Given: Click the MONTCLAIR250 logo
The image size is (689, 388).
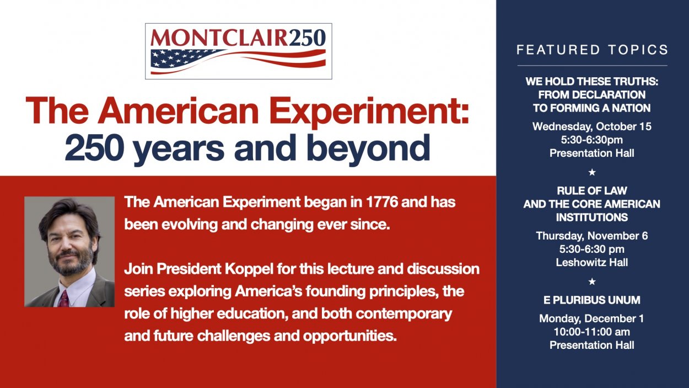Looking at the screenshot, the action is (238, 51).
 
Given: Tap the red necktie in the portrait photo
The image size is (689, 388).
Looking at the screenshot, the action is (64, 299).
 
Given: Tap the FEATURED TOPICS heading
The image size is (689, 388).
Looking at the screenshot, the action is (592, 50).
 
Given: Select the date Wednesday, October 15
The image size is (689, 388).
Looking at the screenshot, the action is (592, 126).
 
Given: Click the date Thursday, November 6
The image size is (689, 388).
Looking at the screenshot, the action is (592, 236).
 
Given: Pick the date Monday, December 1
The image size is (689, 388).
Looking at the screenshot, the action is (591, 318).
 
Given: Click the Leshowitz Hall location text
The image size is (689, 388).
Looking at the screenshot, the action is (592, 262).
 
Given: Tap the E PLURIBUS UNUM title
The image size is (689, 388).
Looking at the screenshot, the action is (592, 300).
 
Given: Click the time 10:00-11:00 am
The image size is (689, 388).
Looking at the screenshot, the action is (592, 332).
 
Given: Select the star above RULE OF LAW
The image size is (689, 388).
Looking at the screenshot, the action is (592, 172).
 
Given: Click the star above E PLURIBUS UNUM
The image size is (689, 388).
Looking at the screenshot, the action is (592, 281).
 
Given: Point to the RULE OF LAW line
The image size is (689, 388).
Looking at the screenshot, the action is (592, 190).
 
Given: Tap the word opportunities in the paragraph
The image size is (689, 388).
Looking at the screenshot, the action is (349, 337).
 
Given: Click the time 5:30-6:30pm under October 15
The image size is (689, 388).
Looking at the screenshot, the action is (592, 140).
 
